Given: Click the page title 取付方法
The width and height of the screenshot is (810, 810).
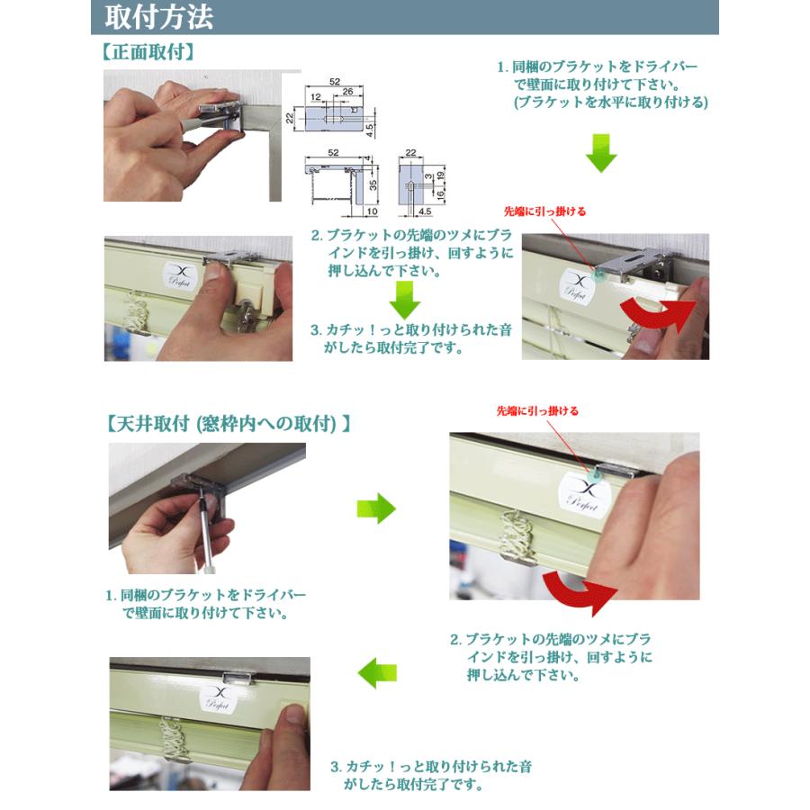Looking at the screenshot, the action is click(159, 17).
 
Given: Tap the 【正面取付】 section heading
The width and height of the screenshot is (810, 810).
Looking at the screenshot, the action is click(148, 52).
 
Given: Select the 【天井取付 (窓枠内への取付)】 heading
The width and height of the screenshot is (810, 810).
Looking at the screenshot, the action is click(229, 424).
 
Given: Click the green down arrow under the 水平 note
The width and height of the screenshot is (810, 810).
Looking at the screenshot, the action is click(601, 153).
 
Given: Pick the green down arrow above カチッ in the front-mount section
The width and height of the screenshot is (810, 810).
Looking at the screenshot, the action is click(404, 300).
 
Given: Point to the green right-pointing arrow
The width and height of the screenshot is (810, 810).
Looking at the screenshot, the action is click(376, 508).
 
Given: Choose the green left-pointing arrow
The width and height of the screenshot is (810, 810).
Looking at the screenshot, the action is click(377, 672).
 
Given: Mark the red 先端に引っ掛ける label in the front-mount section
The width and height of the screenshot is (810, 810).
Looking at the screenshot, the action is click(544, 211).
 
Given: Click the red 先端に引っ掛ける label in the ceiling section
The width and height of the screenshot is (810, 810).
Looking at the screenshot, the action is click(537, 411).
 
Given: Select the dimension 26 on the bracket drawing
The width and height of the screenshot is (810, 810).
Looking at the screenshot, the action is click(347, 92).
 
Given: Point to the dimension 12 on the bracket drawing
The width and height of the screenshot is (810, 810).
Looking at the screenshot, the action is click(316, 96).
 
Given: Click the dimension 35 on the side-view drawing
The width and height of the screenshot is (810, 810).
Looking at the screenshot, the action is click(373, 184).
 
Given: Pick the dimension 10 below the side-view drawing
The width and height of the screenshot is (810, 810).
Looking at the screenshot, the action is click(372, 211).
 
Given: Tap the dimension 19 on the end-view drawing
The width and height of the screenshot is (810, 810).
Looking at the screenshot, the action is click(441, 175).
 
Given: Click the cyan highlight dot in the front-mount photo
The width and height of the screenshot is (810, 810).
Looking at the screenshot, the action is click(599, 274).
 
